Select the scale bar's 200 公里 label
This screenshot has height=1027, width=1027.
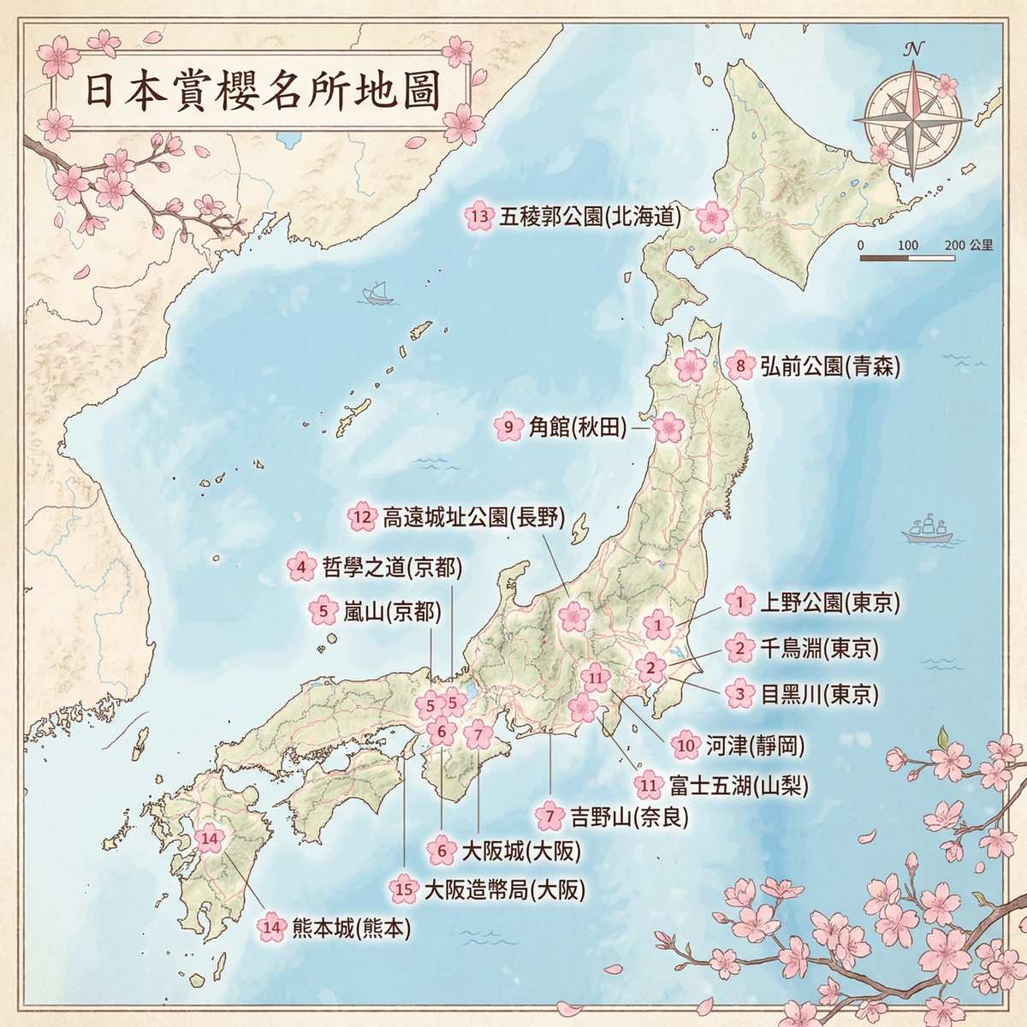(x=969, y=245)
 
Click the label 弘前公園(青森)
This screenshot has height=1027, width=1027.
(x=829, y=366)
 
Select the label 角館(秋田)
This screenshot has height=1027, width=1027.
(x=575, y=426)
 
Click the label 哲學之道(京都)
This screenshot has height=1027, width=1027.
(x=391, y=566)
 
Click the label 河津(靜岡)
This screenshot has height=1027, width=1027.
(x=755, y=745)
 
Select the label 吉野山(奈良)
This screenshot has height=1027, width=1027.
(x=628, y=816)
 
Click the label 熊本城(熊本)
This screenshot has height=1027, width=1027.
(x=350, y=926)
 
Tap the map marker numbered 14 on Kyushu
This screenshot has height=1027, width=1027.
(x=210, y=839)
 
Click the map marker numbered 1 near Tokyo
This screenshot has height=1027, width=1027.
(x=657, y=626)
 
